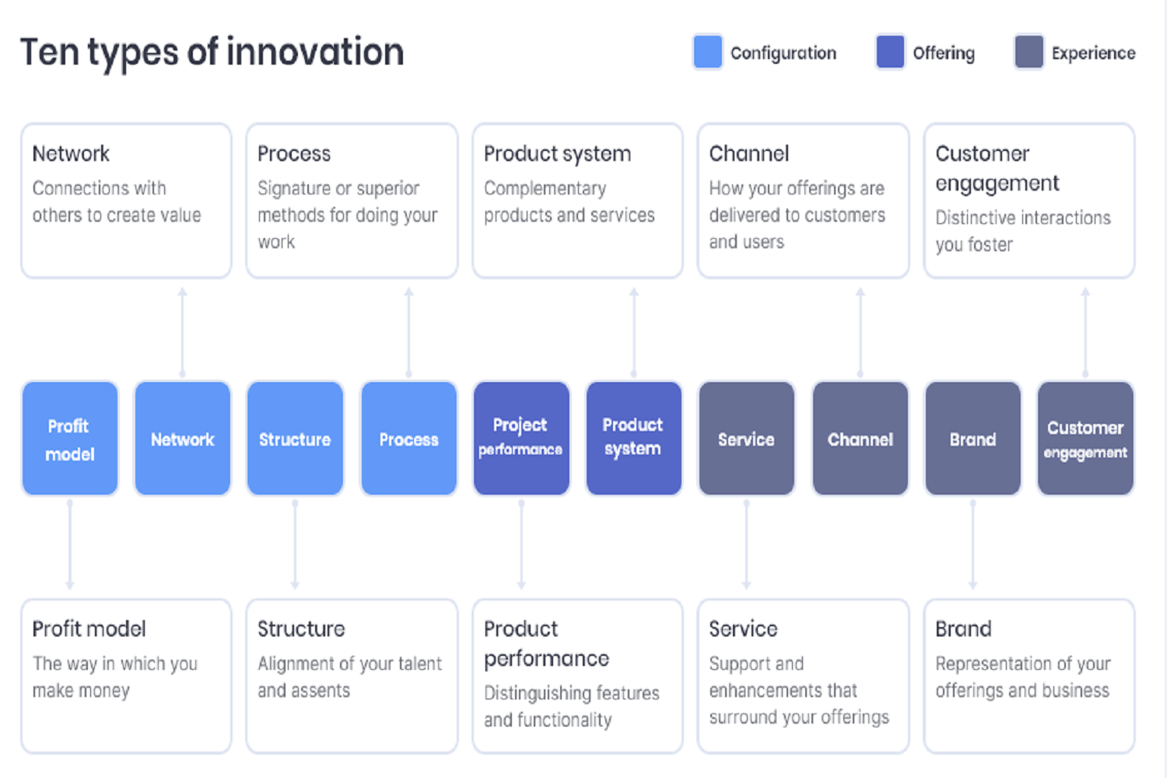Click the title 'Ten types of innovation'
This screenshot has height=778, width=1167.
(212, 53)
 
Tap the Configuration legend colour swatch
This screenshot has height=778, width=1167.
(707, 51)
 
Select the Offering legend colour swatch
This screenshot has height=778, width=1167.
(890, 51)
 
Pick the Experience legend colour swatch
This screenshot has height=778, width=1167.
(1029, 51)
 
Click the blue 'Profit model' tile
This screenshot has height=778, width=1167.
(70, 438)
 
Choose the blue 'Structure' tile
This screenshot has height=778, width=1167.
(295, 438)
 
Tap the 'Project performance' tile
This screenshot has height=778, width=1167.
(521, 438)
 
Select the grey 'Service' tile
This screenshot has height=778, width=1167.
(747, 438)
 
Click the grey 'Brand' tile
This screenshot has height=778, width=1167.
(972, 438)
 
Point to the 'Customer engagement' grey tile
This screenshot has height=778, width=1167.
(1085, 438)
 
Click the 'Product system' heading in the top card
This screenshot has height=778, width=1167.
(557, 154)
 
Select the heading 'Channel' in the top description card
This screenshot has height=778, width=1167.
(748, 154)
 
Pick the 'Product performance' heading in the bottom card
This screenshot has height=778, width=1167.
(546, 644)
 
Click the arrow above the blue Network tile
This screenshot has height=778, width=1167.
(182, 332)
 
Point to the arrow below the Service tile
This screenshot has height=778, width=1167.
(747, 545)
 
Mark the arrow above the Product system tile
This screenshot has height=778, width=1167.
(633, 332)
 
